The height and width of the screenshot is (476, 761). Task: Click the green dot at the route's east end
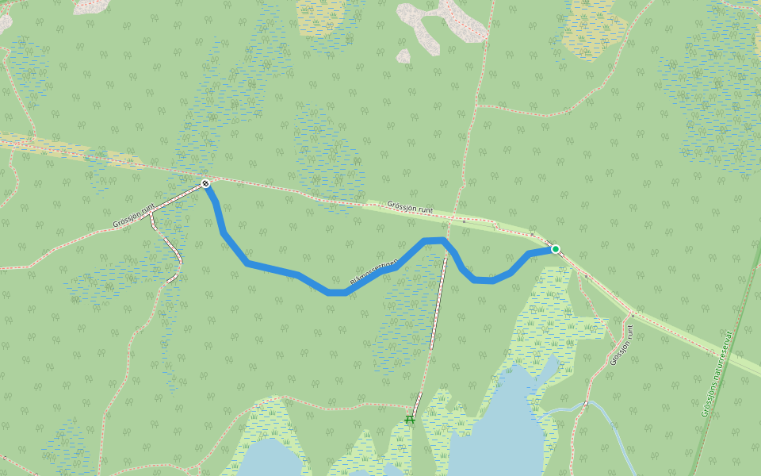pyautogui.click(x=555, y=249)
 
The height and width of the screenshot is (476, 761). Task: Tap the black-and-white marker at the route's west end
pyautogui.click(x=205, y=184)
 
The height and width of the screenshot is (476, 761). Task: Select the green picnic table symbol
pyautogui.click(x=410, y=418)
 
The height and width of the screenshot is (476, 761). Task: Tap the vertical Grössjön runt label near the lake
pyautogui.click(x=622, y=344)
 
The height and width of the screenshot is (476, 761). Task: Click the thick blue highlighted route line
pyautogui.click(x=273, y=268)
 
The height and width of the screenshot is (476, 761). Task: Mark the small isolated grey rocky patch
pyautogui.click(x=403, y=56)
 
